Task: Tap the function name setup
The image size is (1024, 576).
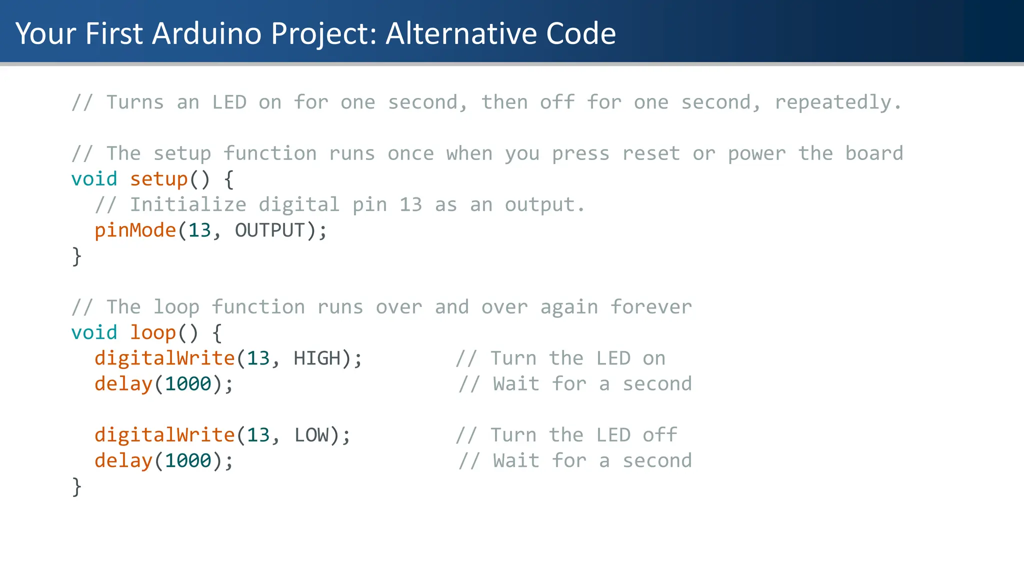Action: pyautogui.click(x=158, y=179)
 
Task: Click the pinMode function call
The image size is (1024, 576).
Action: pyautogui.click(x=135, y=230)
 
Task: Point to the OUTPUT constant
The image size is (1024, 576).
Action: pyautogui.click(x=269, y=230)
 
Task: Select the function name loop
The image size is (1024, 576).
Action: pyautogui.click(x=152, y=333)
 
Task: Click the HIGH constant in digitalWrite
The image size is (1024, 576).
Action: pyautogui.click(x=316, y=358)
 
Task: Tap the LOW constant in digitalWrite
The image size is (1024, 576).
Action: pyautogui.click(x=311, y=435)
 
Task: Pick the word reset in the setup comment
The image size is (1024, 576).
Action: pyautogui.click(x=651, y=153)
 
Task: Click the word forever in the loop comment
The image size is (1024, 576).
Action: pyautogui.click(x=651, y=307)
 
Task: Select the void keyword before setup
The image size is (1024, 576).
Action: pyautogui.click(x=94, y=179)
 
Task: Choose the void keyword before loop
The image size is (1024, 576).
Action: pyautogui.click(x=94, y=333)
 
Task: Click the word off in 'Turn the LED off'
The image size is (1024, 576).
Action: pyautogui.click(x=660, y=435)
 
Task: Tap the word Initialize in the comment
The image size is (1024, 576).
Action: pyautogui.click(x=188, y=205)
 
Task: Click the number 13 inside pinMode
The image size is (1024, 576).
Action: pyautogui.click(x=199, y=230)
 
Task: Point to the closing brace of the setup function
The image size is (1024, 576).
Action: pyautogui.click(x=76, y=256)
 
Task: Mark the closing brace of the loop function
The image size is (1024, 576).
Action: pyautogui.click(x=76, y=486)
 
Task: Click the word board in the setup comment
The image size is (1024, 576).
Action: pyautogui.click(x=874, y=153)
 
